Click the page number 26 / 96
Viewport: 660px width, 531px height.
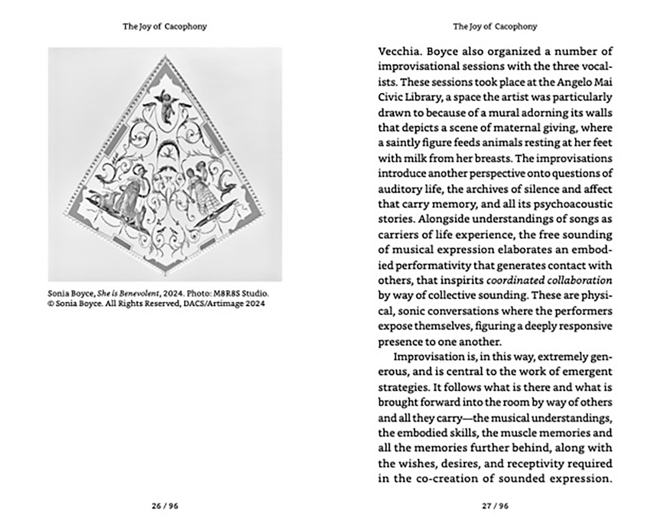pos(165,506)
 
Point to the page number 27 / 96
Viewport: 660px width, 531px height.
pos(495,506)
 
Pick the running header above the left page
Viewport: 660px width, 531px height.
pos(165,26)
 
